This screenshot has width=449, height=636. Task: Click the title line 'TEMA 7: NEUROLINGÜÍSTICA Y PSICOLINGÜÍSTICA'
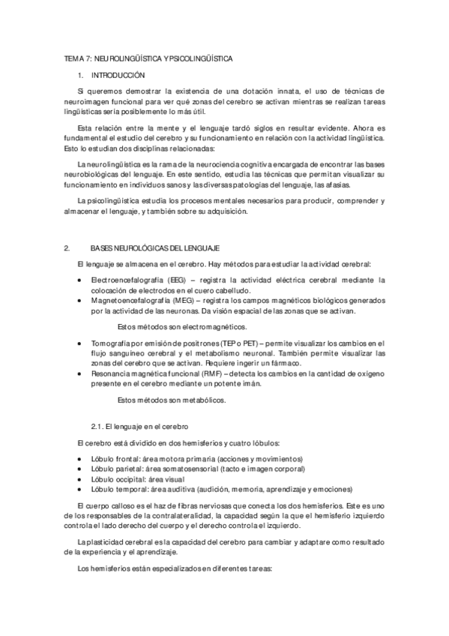coord(148,58)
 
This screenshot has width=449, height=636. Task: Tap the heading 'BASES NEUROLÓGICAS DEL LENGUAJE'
coord(154,247)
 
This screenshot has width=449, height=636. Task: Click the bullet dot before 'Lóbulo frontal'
coord(80,458)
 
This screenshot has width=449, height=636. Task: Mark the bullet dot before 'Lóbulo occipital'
coord(80,478)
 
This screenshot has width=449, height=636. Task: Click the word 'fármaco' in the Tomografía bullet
coord(286,362)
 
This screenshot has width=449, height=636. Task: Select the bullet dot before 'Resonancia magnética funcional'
coord(80,373)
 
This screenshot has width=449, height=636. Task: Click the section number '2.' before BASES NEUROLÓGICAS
coord(67,247)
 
